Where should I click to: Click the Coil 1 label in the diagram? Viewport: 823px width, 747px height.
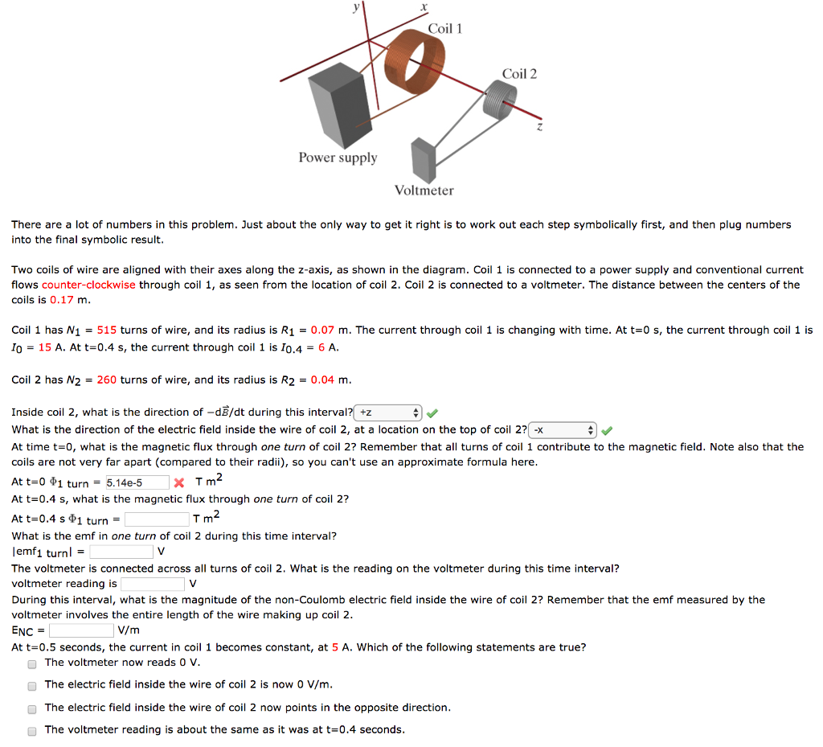[444, 29]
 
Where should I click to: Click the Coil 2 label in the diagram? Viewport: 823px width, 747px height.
[519, 74]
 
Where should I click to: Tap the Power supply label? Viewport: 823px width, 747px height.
[338, 158]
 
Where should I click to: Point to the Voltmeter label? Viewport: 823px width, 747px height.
[424, 191]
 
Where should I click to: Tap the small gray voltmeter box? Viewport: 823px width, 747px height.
[423, 160]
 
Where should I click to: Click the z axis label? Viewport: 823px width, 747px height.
[540, 127]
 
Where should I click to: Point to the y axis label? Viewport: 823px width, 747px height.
[356, 7]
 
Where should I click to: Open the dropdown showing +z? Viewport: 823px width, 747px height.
[387, 413]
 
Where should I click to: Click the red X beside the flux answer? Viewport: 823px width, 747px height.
[179, 483]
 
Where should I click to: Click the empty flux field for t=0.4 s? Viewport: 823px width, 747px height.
[156, 520]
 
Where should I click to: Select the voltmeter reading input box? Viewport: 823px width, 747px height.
[153, 584]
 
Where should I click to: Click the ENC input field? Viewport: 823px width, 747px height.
[81, 630]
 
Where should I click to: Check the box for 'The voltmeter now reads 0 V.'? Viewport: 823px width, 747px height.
[32, 663]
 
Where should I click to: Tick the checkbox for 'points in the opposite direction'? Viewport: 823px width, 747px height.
[32, 708]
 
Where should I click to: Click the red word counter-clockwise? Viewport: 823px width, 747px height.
[88, 285]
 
